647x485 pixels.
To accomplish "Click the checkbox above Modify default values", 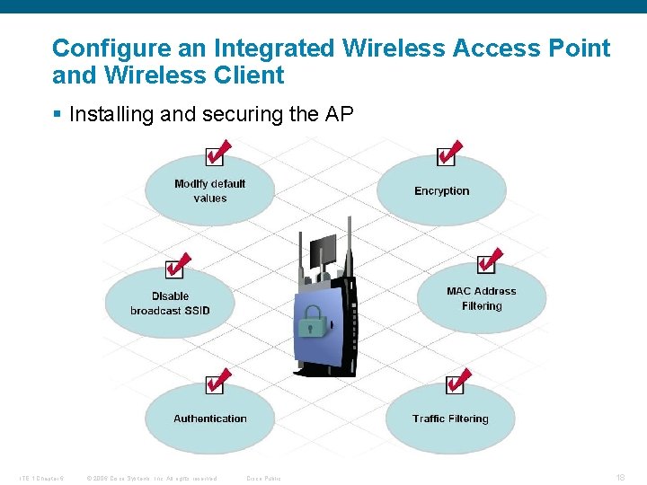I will tap(216, 156).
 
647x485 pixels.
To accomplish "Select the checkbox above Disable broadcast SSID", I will tap(174, 269).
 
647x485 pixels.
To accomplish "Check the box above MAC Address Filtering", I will tap(486, 263).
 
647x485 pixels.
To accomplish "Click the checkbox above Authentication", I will tap(215, 384).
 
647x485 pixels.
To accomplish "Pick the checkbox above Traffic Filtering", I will tap(456, 384).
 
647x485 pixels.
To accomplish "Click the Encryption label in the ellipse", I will tap(441, 191).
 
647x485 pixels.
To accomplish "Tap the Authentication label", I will tap(209, 419).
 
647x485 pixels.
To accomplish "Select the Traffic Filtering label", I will tap(450, 419).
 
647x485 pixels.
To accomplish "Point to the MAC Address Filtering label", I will tap(482, 298).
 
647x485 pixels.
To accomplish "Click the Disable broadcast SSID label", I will tap(170, 304).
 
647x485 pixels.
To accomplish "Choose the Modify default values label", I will tap(209, 190).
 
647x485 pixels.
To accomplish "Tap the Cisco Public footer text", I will tap(263, 478).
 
